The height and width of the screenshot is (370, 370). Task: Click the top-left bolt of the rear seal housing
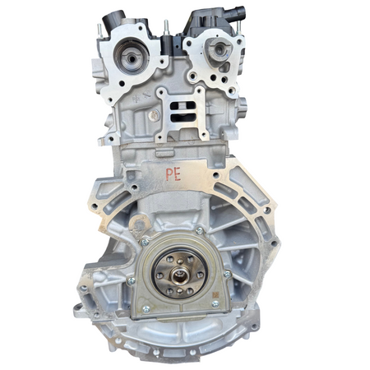coord(146,241)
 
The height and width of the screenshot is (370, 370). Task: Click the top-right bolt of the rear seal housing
coord(201,231)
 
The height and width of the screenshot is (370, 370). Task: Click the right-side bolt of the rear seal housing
coord(225,272)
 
